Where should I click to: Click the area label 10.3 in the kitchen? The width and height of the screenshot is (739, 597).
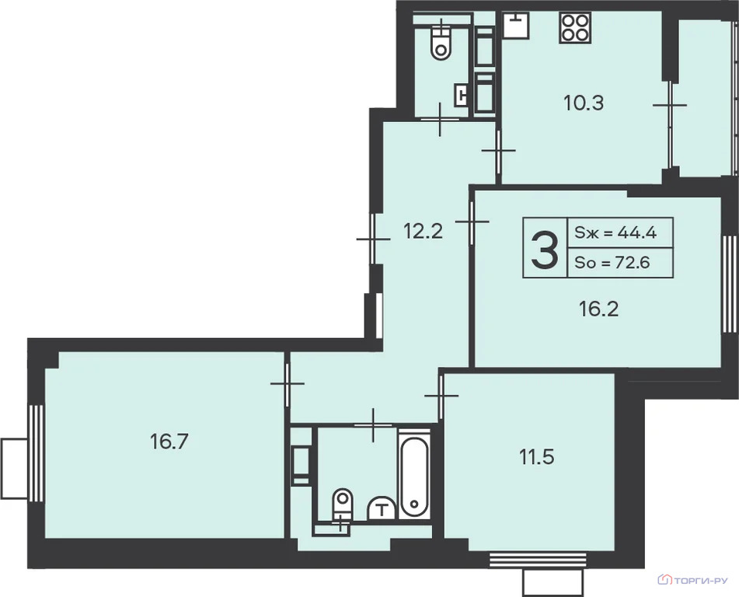[x=584, y=103]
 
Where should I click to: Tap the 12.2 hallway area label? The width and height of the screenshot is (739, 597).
[x=423, y=232]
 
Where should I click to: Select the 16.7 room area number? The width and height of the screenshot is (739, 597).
[x=169, y=442]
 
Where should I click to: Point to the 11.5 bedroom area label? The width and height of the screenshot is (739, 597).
[x=536, y=457]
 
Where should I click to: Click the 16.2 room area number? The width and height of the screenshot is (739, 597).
[x=598, y=309]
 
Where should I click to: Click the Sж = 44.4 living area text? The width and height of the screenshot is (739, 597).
[x=615, y=232]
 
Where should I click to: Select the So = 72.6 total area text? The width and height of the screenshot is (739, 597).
[x=612, y=262]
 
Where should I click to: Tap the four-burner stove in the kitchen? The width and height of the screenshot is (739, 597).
[x=575, y=28]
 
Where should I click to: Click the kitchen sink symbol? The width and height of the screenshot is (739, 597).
[x=516, y=25]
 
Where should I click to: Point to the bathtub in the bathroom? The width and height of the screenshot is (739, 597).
[x=414, y=474]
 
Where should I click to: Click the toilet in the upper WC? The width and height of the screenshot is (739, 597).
[x=441, y=42]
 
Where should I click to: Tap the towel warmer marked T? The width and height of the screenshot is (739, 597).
[x=382, y=508]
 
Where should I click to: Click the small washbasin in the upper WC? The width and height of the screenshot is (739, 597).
[x=461, y=95]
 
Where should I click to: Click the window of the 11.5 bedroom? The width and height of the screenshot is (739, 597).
[x=537, y=559]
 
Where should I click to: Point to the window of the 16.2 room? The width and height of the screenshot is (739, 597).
[x=730, y=284]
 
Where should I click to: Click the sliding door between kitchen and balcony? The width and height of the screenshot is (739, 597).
[x=670, y=125]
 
